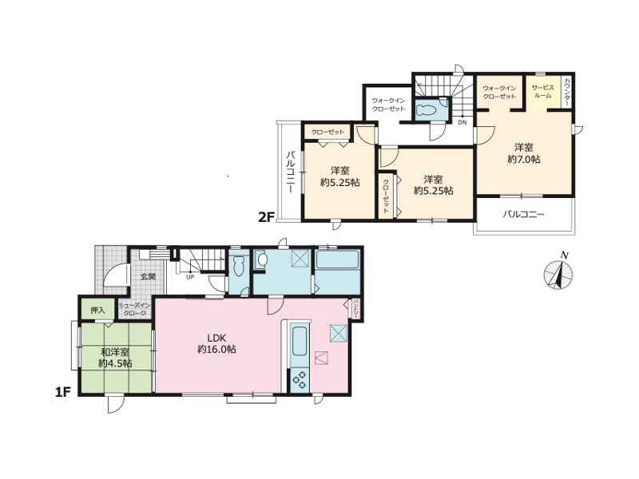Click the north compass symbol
tap(559, 274)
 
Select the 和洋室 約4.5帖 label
tap(115, 357)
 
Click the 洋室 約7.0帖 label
tap(523, 153)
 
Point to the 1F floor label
tap(62, 394)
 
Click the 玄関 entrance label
tap(149, 277)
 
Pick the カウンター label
tap(566, 93)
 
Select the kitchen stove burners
tap(300, 381)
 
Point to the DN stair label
tap(462, 123)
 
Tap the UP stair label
tap(190, 278)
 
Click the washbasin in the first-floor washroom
tap(262, 261)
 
